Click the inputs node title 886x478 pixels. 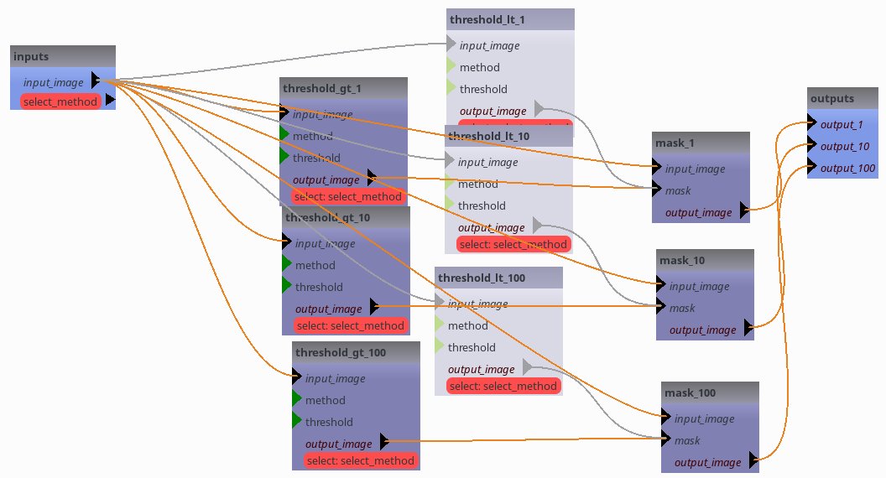pyautogui.click(x=31, y=56)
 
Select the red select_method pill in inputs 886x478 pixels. pyautogui.click(x=60, y=101)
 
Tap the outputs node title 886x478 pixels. pyautogui.click(x=832, y=98)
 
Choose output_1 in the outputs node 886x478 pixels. pyautogui.click(x=842, y=124)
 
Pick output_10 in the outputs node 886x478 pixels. pyautogui.click(x=844, y=146)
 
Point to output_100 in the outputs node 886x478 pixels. pyautogui.click(x=847, y=168)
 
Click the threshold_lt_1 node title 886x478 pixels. pyautogui.click(x=487, y=19)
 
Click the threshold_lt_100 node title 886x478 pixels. pyautogui.click(x=481, y=278)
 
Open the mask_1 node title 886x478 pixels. pyautogui.click(x=675, y=143)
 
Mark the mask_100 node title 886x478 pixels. pyautogui.click(x=690, y=392)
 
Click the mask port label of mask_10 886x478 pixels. pyautogui.click(x=682, y=308)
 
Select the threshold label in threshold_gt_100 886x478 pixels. pyautogui.click(x=329, y=422)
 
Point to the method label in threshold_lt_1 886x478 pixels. pyautogui.click(x=479, y=67)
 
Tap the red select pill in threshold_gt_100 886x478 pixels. pyautogui.click(x=361, y=460)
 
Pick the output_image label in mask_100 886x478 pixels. pyautogui.click(x=707, y=462)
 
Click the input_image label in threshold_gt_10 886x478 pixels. pyautogui.click(x=325, y=243)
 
